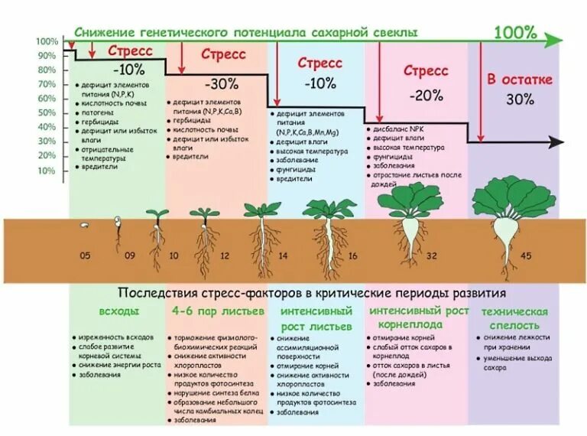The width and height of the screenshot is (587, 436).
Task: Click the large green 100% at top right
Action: [x=514, y=32]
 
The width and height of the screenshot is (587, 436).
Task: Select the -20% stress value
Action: [x=426, y=96]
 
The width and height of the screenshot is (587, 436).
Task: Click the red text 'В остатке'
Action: [x=520, y=80]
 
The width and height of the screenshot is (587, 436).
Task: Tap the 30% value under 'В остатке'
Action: [x=520, y=99]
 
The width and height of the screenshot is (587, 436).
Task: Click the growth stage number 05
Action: [x=85, y=255]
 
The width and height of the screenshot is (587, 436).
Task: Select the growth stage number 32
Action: [x=432, y=255]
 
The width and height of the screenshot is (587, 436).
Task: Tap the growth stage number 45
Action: [x=526, y=255]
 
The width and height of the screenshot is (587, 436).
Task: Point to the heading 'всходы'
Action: [x=119, y=311]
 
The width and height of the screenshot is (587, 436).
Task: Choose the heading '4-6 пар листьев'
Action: [x=218, y=311]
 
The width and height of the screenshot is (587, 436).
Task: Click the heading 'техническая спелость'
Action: [x=514, y=318]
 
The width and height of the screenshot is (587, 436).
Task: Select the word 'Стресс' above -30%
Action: [x=223, y=54]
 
